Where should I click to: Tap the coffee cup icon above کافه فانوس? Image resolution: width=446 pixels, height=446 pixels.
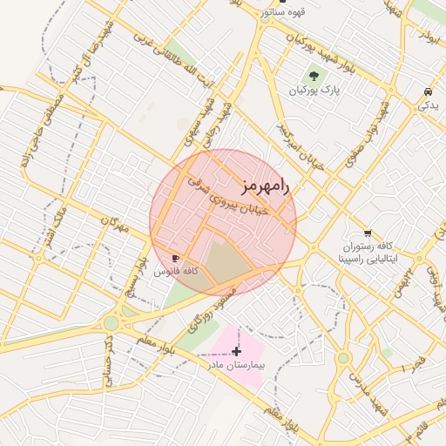(x=175, y=259)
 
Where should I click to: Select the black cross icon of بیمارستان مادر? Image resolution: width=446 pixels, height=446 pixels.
(x=236, y=352)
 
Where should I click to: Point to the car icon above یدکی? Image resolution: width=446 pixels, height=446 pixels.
(x=428, y=91)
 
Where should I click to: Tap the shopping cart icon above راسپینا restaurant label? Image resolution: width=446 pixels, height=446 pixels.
(x=368, y=233)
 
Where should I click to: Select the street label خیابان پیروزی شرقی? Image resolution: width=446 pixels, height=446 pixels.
(x=231, y=200)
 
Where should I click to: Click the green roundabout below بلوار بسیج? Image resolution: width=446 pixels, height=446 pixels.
(x=111, y=323)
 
